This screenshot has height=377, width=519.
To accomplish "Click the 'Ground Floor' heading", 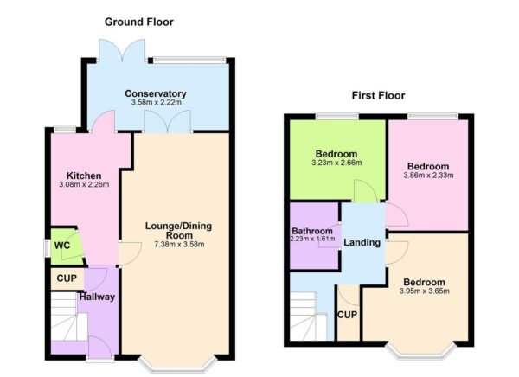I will (x=138, y=21).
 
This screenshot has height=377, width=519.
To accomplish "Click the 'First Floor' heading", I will (x=378, y=95).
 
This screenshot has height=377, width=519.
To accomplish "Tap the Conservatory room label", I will (x=155, y=93).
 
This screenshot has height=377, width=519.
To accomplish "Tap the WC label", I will (x=61, y=245).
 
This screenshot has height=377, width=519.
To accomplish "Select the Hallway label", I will (x=97, y=297).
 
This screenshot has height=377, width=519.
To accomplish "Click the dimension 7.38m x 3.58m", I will (x=176, y=244).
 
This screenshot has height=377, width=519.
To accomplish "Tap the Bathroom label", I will (x=311, y=231).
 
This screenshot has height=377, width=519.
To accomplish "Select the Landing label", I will (x=362, y=242).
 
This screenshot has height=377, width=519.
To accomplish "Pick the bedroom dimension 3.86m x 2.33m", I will (x=428, y=176).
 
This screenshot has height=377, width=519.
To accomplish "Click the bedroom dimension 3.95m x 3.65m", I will (x=424, y=292).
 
